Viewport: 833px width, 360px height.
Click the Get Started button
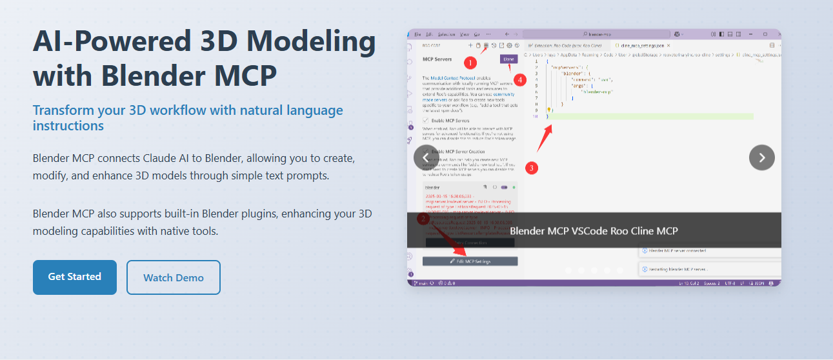coord(75,277)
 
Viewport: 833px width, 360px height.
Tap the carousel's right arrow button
coord(761,157)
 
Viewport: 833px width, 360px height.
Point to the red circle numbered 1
coord(470,63)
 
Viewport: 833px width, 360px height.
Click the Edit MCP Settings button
coord(470,261)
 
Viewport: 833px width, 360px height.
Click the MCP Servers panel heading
coord(437,59)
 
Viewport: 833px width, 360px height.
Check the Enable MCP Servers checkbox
coord(426,121)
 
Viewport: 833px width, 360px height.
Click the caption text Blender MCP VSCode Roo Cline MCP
coord(594,231)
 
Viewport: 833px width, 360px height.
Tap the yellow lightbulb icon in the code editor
coord(548,110)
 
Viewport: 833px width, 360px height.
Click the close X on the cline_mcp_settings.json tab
coord(668,46)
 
